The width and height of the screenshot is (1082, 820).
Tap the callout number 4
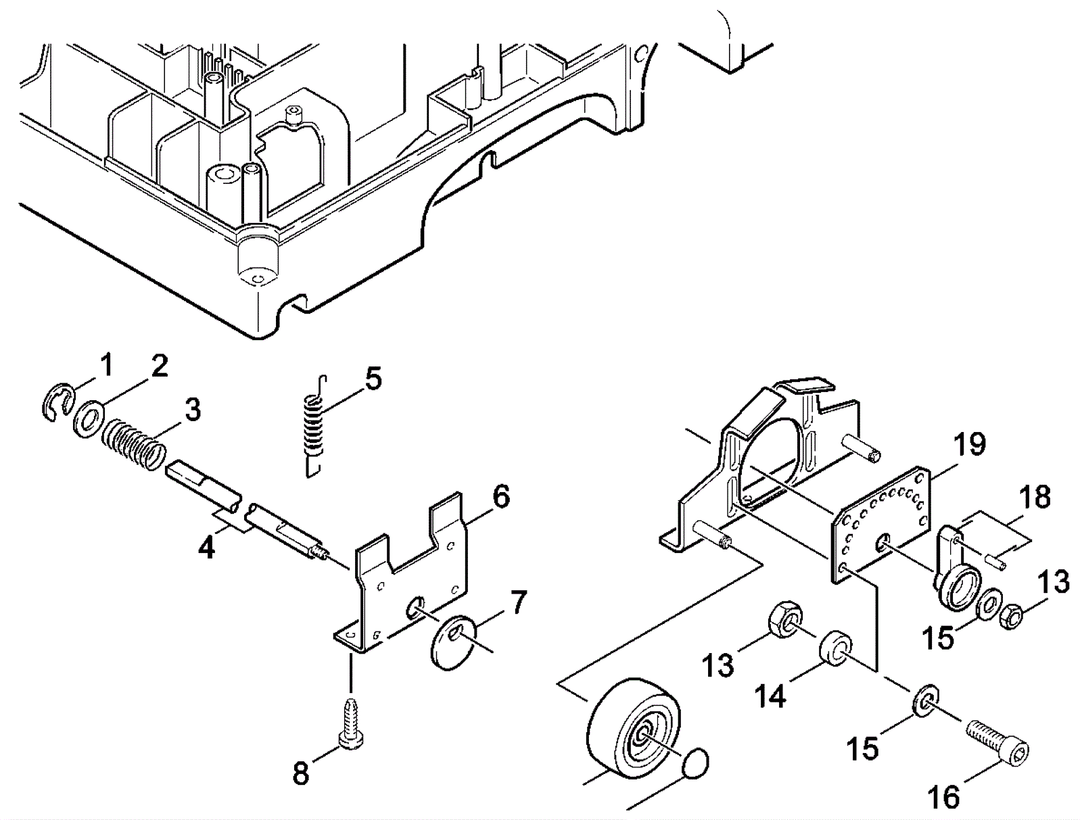206,548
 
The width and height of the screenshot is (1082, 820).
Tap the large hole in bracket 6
415,607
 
